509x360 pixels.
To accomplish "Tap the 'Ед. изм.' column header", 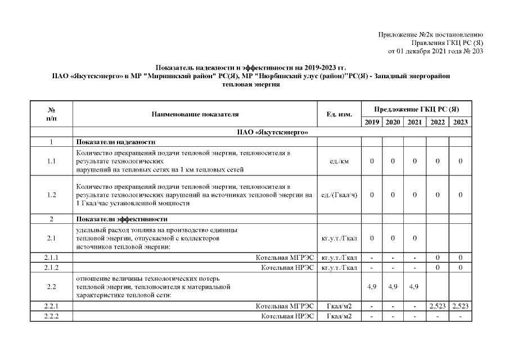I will [339, 114].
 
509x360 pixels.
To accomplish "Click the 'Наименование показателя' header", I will [195, 114].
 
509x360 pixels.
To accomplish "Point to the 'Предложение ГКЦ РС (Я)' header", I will [416, 109].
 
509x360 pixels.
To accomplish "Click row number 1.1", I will [51, 161].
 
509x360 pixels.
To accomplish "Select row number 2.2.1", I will [51, 307].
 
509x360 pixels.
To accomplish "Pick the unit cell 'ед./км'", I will [339, 161].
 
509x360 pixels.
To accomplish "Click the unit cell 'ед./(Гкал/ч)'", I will [339, 195].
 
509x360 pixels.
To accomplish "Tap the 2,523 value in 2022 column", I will [438, 307].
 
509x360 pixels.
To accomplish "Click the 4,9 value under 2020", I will [393, 286].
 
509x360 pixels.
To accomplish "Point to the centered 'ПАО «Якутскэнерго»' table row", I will [273, 132].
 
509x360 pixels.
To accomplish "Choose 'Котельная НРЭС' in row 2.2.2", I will [287, 316].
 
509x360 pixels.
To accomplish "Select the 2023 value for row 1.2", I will [460, 195].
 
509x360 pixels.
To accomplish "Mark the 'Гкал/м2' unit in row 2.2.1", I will [339, 307].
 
